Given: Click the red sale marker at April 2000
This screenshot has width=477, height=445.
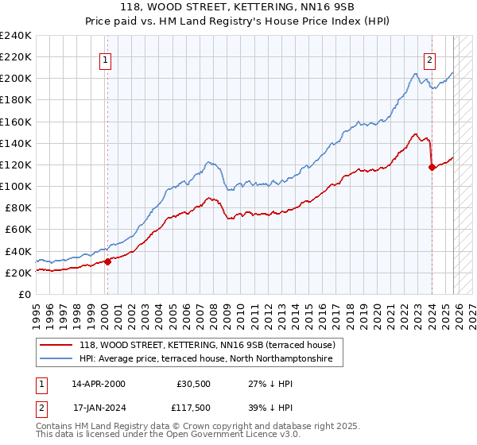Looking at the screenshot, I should click(107, 261).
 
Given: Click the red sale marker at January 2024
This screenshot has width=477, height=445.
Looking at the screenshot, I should click(432, 167).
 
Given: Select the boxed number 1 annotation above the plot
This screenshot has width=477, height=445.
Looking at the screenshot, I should click(107, 58).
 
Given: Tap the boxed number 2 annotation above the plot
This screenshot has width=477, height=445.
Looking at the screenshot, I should click(429, 58).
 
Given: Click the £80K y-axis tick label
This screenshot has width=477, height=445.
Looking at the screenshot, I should click(17, 208).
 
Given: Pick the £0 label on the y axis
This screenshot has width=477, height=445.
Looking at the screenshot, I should click(25, 294).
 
